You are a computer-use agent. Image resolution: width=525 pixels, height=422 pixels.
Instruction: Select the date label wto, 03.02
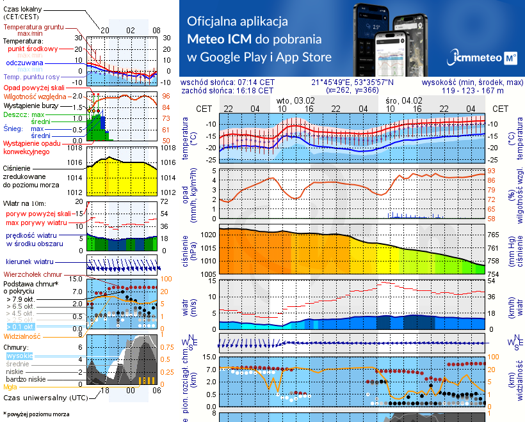click(x=296, y=101)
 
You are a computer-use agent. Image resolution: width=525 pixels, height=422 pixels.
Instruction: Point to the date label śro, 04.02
click(x=404, y=101)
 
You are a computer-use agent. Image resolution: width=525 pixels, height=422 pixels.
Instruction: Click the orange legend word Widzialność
click(x=22, y=336)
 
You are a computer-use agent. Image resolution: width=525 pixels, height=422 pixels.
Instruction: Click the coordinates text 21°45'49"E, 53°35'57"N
click(x=352, y=82)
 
